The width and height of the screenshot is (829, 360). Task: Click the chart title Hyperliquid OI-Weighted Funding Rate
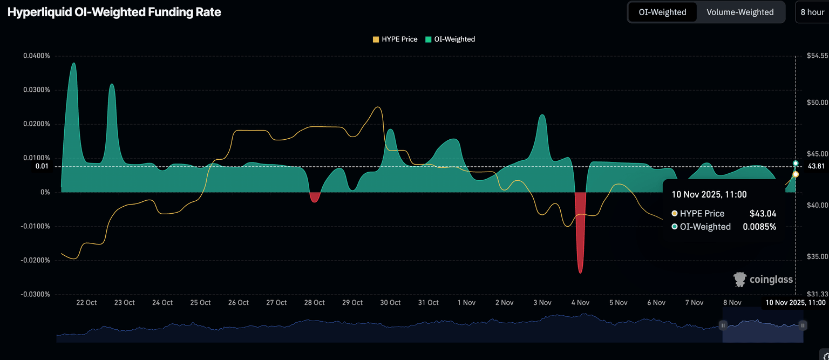click(x=114, y=12)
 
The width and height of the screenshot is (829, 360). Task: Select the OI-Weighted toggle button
click(x=662, y=12)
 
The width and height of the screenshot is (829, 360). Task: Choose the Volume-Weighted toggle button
click(x=740, y=12)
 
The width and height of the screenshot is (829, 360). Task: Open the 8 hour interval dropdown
click(x=812, y=12)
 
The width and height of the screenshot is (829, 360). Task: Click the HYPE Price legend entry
click(x=395, y=39)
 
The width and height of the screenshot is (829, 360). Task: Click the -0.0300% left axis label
click(x=36, y=294)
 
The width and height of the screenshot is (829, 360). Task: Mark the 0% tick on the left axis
click(x=45, y=192)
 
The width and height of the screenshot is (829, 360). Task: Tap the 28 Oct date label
click(x=314, y=303)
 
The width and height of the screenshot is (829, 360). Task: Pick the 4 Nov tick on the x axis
click(x=580, y=303)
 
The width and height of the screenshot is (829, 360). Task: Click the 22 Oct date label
click(x=86, y=303)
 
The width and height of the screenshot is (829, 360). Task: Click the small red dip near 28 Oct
click(x=314, y=198)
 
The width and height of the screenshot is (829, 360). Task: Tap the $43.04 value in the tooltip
click(x=763, y=214)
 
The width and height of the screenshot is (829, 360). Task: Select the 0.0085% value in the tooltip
click(x=759, y=227)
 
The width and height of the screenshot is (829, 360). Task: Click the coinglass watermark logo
click(x=763, y=279)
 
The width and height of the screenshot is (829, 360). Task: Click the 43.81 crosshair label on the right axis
click(x=816, y=166)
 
